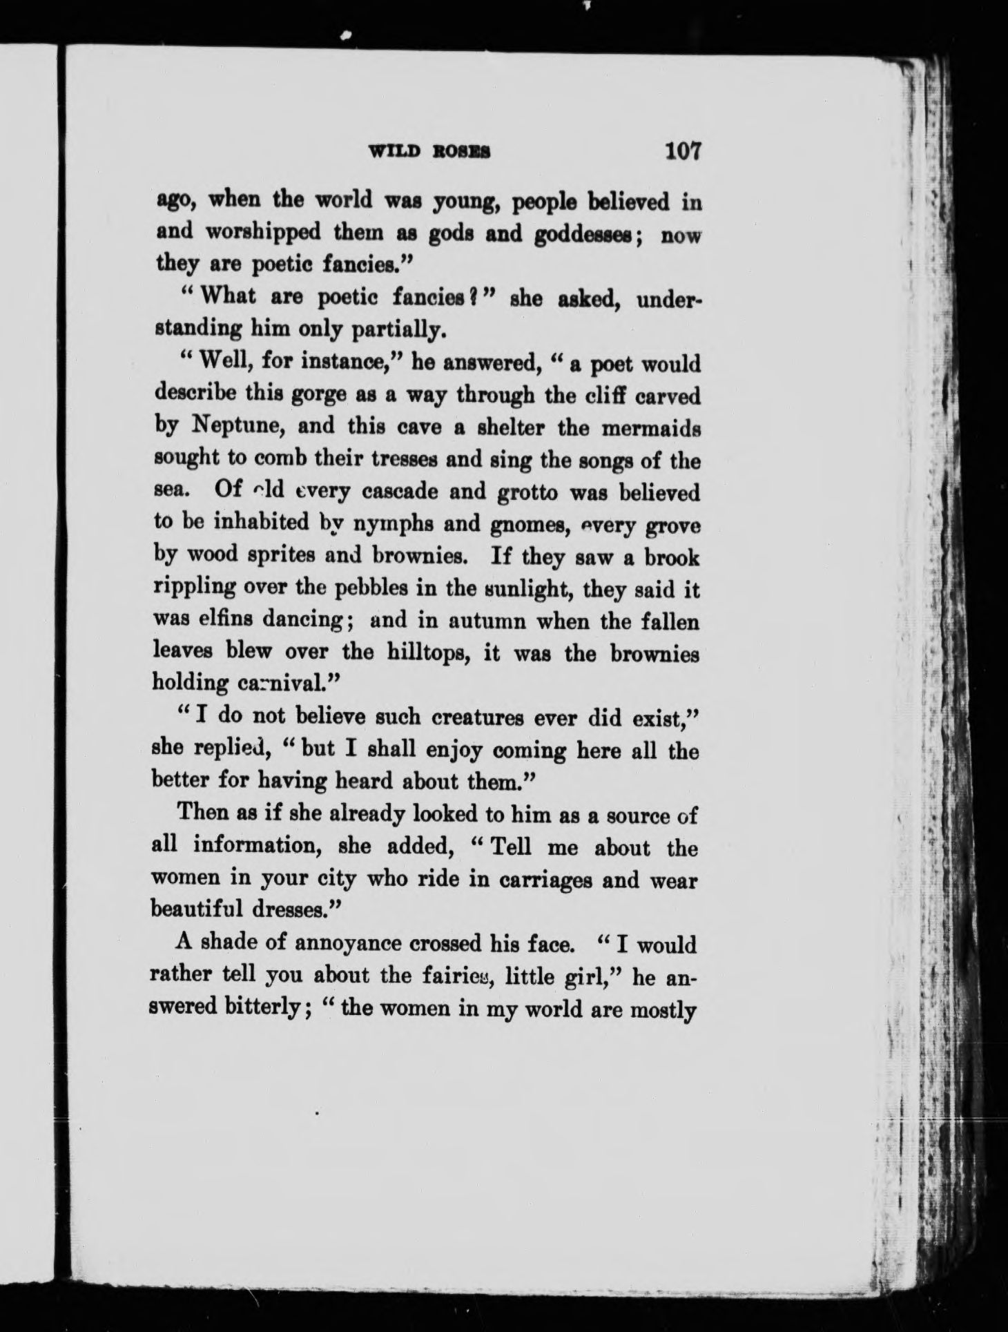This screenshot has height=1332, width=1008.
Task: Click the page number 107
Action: pyautogui.click(x=682, y=151)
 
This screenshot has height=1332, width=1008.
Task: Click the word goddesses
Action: pyautogui.click(x=591, y=235)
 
